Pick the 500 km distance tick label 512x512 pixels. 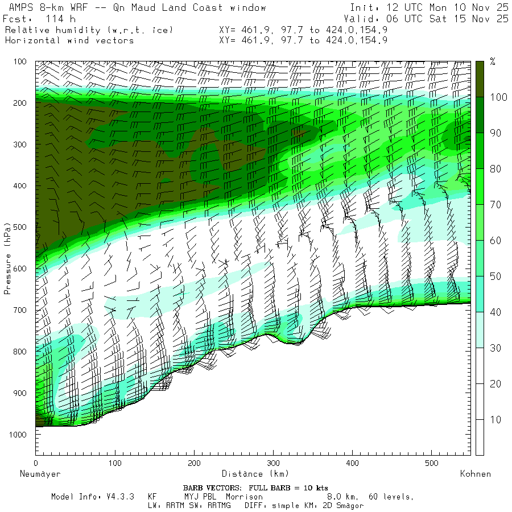(432, 463)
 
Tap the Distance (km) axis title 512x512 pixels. (255, 473)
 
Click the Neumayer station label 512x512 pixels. (40, 473)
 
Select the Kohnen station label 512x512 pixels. (475, 473)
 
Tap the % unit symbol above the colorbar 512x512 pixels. (493, 62)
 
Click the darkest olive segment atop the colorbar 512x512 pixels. (480, 79)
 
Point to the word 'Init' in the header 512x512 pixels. (361, 8)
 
